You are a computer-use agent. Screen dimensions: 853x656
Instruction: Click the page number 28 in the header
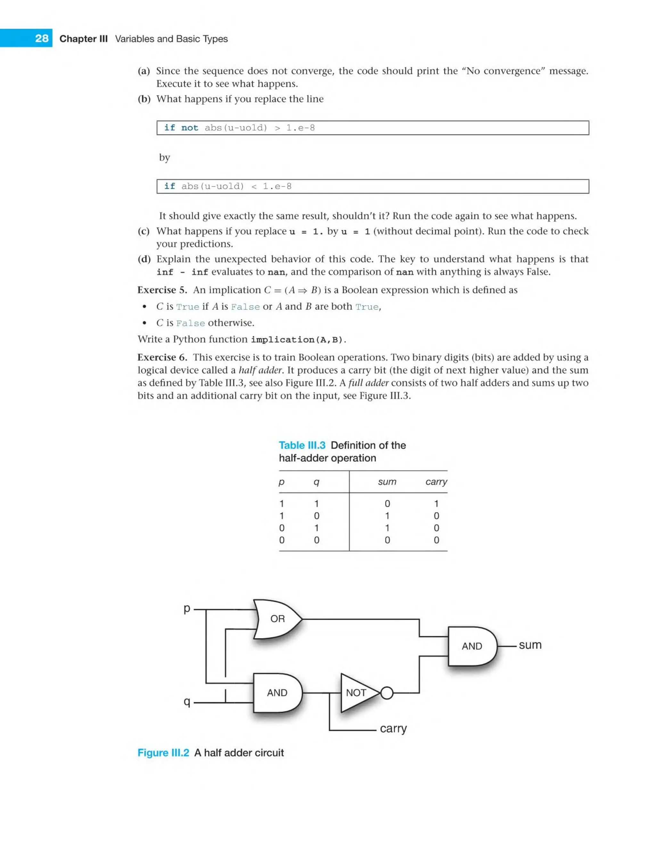(41, 38)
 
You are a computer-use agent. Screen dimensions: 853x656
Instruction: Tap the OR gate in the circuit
(277, 619)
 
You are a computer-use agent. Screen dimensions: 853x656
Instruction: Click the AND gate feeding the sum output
(472, 646)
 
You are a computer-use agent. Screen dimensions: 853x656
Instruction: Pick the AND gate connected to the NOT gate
(277, 692)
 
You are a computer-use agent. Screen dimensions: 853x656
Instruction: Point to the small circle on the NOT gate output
(387, 693)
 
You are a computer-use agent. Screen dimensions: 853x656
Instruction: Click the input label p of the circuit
(187, 609)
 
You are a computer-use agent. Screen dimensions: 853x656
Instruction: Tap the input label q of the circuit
(187, 702)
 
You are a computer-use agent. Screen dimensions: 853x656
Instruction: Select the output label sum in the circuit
(530, 645)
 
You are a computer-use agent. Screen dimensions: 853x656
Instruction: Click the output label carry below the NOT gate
(393, 728)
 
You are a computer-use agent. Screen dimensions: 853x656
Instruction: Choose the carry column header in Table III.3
(436, 482)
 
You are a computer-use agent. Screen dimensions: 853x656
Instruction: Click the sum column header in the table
(387, 482)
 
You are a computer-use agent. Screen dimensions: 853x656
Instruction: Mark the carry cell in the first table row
(436, 503)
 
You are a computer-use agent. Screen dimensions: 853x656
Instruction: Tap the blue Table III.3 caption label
(302, 445)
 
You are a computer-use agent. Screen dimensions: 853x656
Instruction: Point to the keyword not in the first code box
(189, 128)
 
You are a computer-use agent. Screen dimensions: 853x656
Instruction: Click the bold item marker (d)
(144, 259)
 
